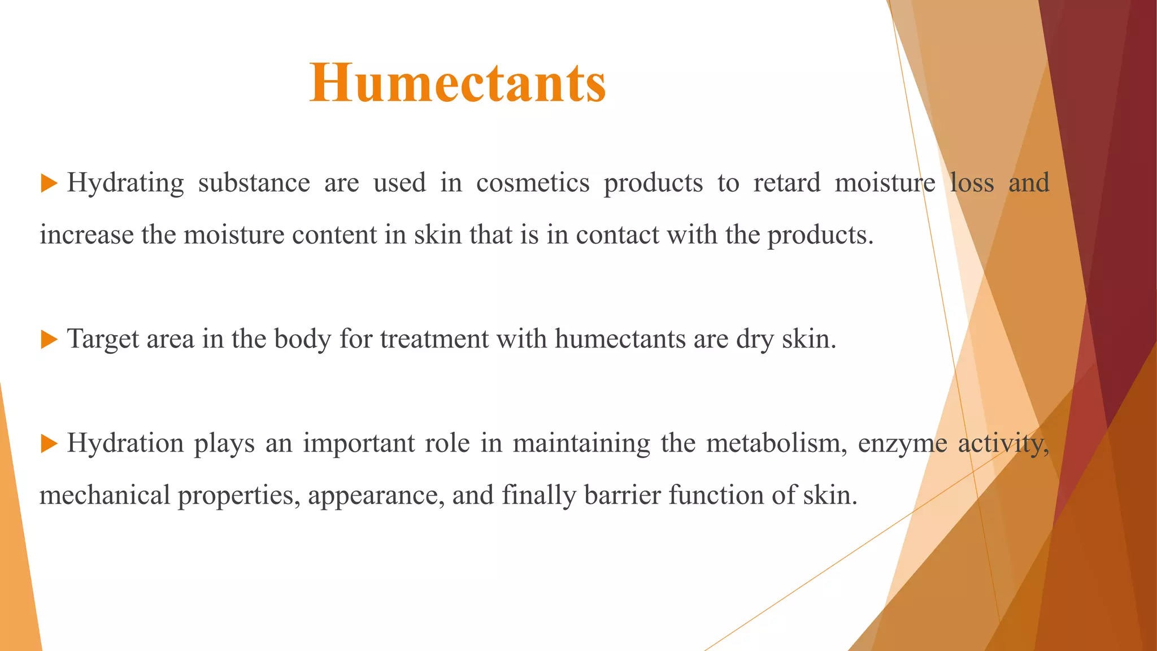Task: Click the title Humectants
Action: coord(458,84)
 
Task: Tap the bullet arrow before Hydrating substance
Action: coord(50,183)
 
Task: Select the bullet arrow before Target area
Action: coord(50,340)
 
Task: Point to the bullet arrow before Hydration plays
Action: coord(50,444)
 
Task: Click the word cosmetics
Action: coord(533,183)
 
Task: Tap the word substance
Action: coord(254,183)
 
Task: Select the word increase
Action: coord(86,235)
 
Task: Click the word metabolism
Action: coord(776,444)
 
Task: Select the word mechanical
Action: coord(105,496)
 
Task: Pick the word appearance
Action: coord(375,496)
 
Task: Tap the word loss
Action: coord(972,183)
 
